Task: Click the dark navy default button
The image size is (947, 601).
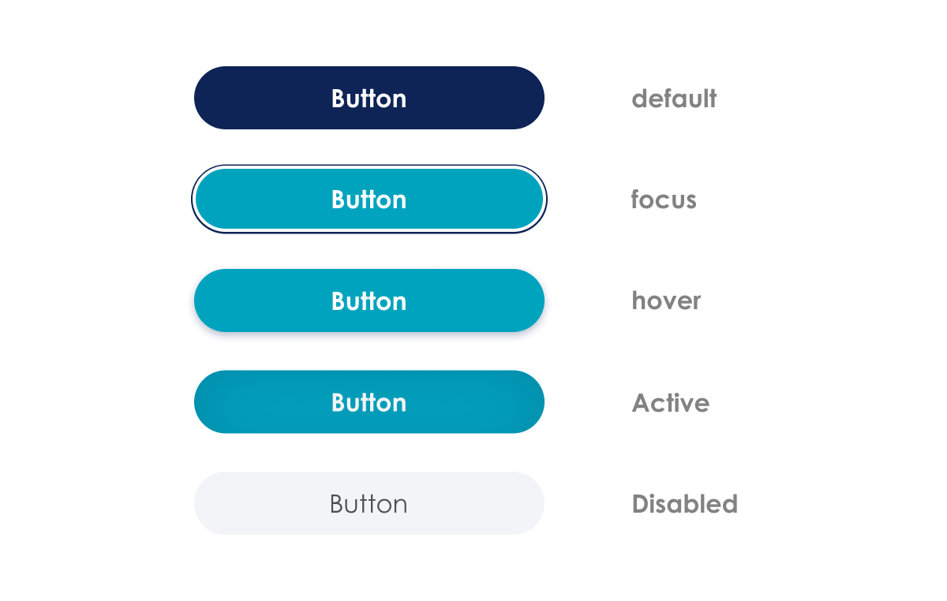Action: tap(369, 98)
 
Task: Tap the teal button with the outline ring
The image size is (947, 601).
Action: tap(369, 199)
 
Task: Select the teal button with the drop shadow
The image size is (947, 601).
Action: tap(369, 300)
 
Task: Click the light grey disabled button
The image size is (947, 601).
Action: tap(369, 503)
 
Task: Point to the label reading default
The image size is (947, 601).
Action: tap(674, 99)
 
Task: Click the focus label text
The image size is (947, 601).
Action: tap(664, 199)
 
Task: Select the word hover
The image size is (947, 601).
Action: tap(666, 300)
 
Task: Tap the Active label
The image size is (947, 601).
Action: tap(671, 402)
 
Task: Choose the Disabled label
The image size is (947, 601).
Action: tap(685, 504)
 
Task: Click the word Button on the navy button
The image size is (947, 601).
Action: tap(369, 99)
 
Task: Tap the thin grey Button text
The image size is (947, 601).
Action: tap(369, 504)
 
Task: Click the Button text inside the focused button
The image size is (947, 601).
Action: tap(369, 200)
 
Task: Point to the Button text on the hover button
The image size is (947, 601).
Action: tap(369, 301)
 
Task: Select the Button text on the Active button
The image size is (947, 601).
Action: tap(369, 402)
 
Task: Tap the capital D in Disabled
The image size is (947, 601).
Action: tap(642, 504)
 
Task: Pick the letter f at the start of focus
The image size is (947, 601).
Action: tap(636, 199)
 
